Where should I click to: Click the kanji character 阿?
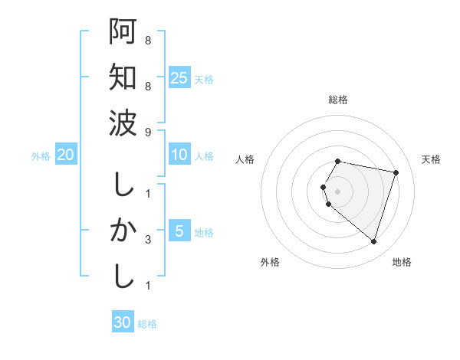click(123, 32)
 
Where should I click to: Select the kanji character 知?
click(123, 77)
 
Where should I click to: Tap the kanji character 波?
click(123, 123)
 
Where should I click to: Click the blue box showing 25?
click(179, 77)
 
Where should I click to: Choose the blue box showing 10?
click(179, 155)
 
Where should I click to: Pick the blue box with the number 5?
click(179, 231)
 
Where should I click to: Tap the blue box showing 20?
click(65, 155)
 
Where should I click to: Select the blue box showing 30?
click(123, 322)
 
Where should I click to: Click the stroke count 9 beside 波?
click(148, 132)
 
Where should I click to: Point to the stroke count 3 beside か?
click(148, 240)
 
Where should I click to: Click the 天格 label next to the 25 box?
click(204, 79)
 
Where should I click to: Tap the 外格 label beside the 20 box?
click(41, 155)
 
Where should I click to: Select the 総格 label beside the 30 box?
click(147, 323)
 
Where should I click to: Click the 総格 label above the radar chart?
click(338, 100)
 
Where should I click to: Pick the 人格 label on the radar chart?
click(245, 159)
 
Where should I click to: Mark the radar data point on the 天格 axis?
click(396, 172)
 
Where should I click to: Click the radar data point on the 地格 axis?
click(373, 242)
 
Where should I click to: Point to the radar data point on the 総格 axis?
click(338, 162)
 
